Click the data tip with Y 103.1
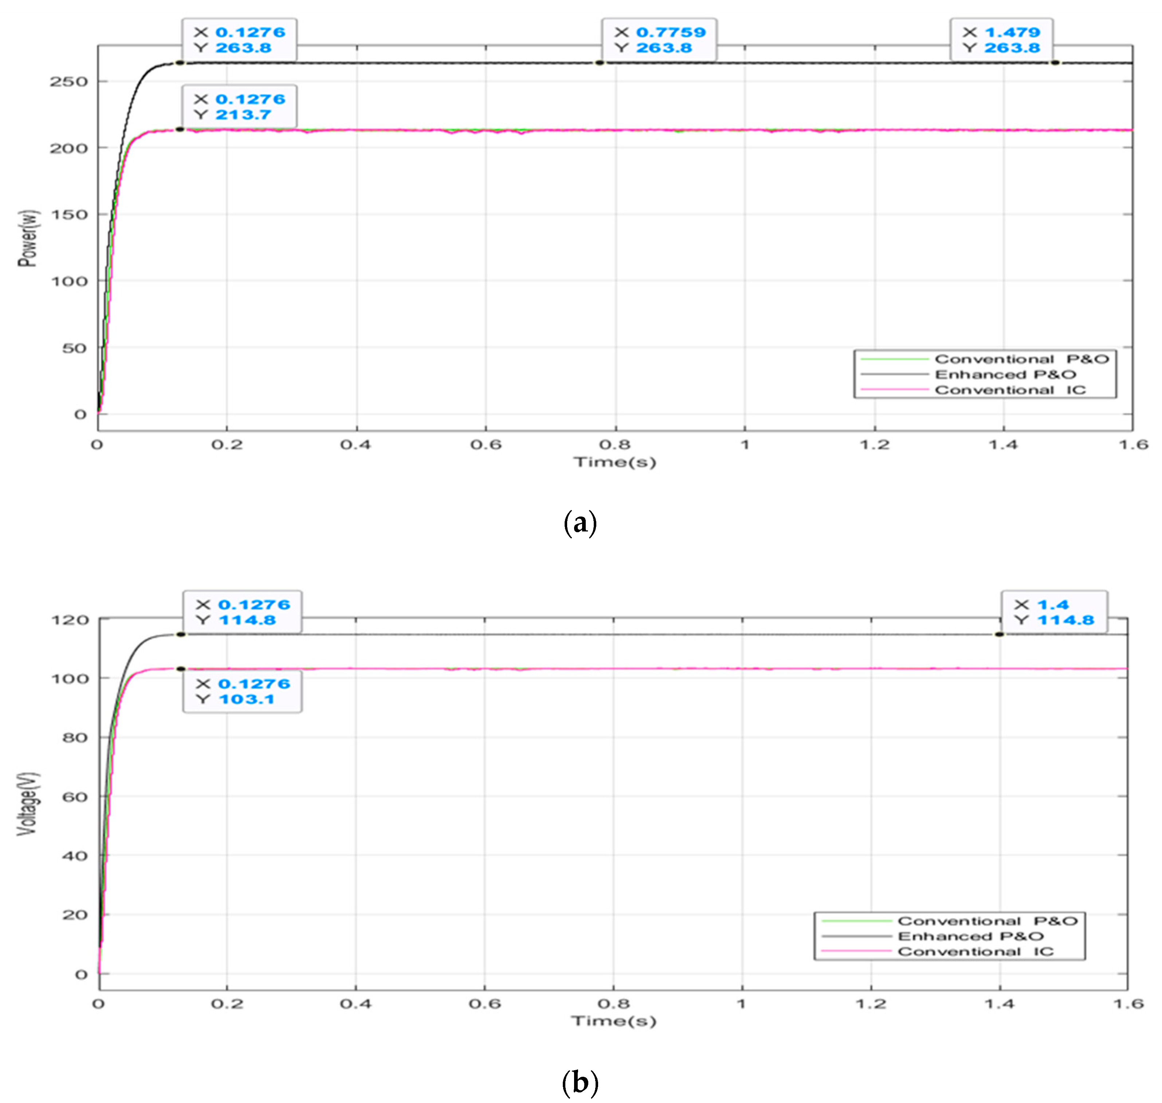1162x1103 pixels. coord(242,691)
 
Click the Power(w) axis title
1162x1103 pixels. coord(27,238)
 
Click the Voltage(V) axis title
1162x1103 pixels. coord(27,804)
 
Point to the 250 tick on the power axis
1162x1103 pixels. coord(68,82)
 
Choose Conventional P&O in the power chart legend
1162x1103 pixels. coord(1021,359)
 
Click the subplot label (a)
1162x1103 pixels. coord(580,522)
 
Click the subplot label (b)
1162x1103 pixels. coord(580,1081)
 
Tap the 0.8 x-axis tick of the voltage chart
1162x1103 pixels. coord(613,1004)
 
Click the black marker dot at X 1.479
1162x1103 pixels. coord(1056,63)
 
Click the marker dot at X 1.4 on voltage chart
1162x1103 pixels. coord(999,635)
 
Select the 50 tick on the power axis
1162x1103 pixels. coord(74,348)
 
